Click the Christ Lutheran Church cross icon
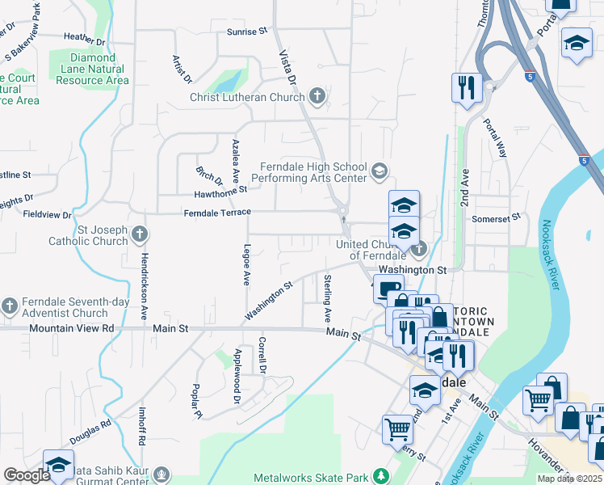tap(317, 97)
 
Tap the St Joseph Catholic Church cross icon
tap(140, 234)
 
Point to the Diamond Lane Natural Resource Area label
tap(93, 70)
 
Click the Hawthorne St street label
tap(220, 194)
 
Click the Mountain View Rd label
tap(72, 329)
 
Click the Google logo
tap(26, 475)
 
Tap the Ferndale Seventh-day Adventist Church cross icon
tap(9, 306)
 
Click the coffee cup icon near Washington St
tap(388, 289)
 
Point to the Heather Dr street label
tap(84, 37)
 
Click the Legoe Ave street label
tap(246, 266)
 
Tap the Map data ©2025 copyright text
tap(569, 479)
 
